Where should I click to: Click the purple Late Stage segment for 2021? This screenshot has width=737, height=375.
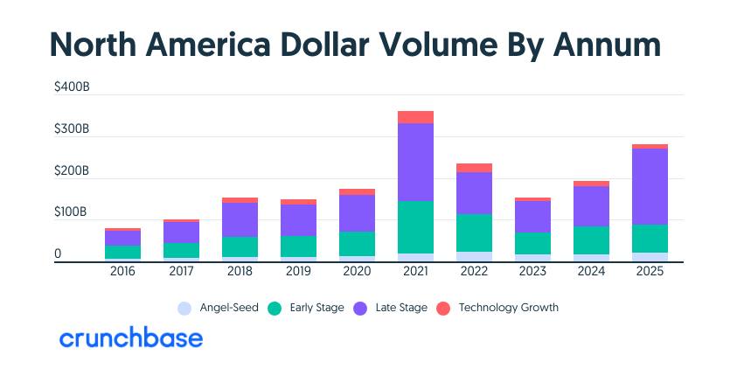[415, 162]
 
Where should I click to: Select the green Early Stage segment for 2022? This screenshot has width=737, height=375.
[474, 233]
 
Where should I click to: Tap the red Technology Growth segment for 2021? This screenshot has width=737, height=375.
[415, 117]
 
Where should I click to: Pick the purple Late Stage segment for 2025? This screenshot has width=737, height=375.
[650, 186]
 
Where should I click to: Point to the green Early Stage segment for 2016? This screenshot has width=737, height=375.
[122, 252]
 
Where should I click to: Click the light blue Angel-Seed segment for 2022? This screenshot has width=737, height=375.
[474, 257]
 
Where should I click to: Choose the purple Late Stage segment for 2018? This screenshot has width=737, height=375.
[240, 219]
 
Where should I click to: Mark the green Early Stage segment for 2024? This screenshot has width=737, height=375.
[591, 240]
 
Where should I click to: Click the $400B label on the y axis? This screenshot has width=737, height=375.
[72, 87]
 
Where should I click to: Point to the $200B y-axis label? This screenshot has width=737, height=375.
[72, 170]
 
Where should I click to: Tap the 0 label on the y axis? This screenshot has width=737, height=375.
[58, 253]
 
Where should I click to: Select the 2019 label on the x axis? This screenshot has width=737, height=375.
[298, 271]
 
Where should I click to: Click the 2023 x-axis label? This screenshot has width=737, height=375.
[532, 271]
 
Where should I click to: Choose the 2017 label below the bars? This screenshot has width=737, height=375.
[182, 271]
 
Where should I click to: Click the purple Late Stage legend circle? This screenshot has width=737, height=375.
[360, 309]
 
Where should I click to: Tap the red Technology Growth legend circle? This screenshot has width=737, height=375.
[443, 309]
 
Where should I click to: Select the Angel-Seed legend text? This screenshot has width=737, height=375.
[229, 308]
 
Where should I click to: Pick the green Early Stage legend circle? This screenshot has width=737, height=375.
[275, 309]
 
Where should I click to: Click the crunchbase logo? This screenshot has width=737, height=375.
[131, 337]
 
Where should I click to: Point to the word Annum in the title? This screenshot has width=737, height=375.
[607, 45]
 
